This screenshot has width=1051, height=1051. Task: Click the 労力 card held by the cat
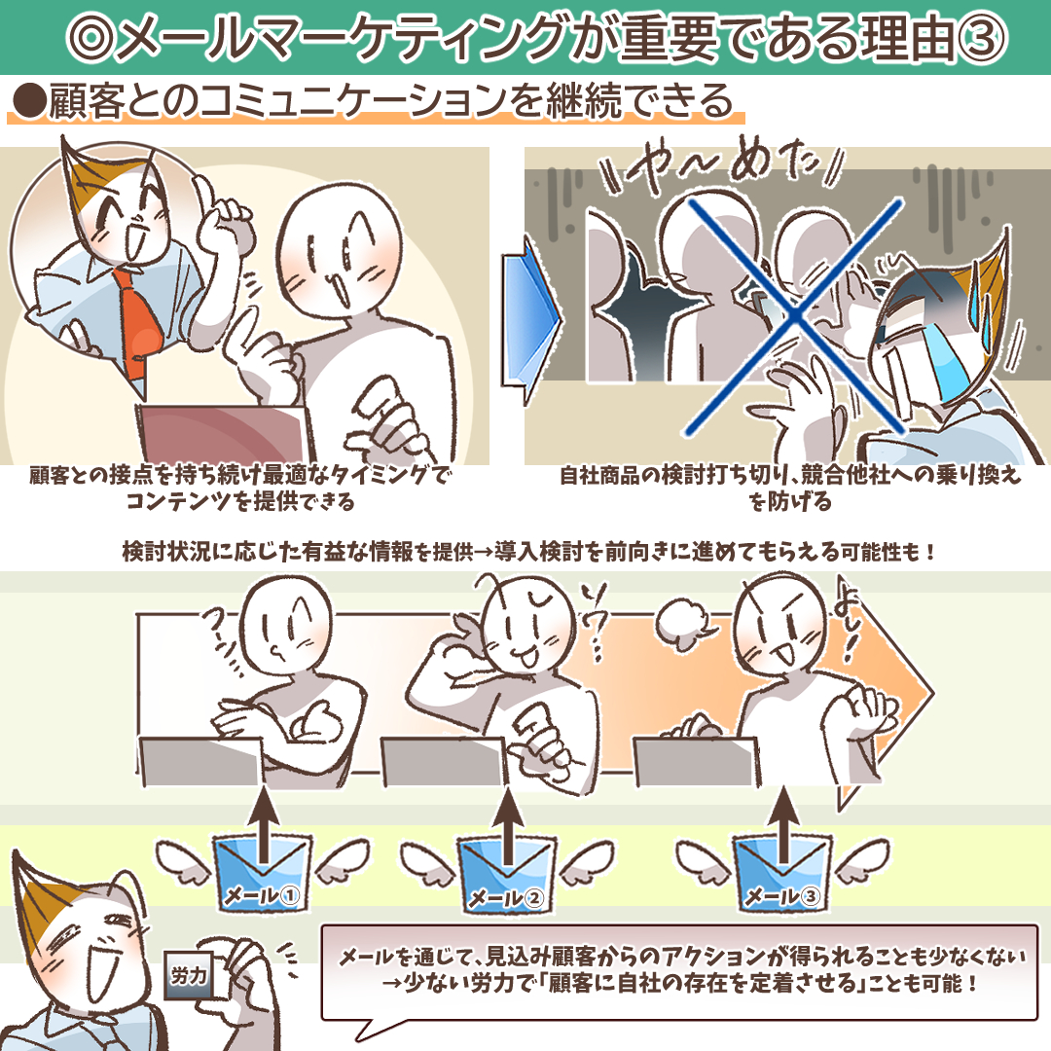(189, 976)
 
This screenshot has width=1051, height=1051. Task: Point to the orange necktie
(137, 323)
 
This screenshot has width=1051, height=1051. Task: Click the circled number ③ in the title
(981, 38)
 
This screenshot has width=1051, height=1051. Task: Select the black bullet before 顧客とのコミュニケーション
(28, 102)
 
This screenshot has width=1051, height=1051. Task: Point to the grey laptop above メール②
(443, 761)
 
